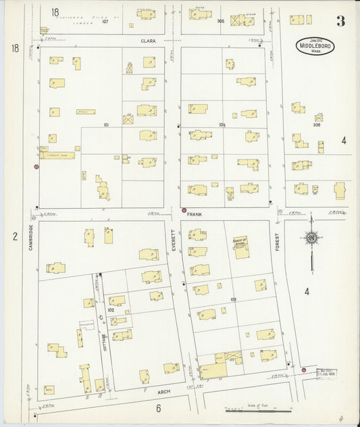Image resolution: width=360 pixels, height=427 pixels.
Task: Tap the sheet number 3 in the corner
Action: tap(340, 20)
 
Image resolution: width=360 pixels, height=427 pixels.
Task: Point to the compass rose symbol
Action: tap(311, 238)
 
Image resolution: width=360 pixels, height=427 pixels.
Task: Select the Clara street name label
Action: tap(148, 41)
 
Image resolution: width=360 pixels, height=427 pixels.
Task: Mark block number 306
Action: tap(316, 125)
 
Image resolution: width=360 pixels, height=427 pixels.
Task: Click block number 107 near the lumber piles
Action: tap(105, 21)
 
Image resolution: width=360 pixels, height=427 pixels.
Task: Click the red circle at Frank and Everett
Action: tap(184, 210)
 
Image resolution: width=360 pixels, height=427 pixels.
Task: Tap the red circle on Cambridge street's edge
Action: tap(36, 166)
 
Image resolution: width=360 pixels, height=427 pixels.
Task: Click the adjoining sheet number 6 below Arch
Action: tap(158, 407)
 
